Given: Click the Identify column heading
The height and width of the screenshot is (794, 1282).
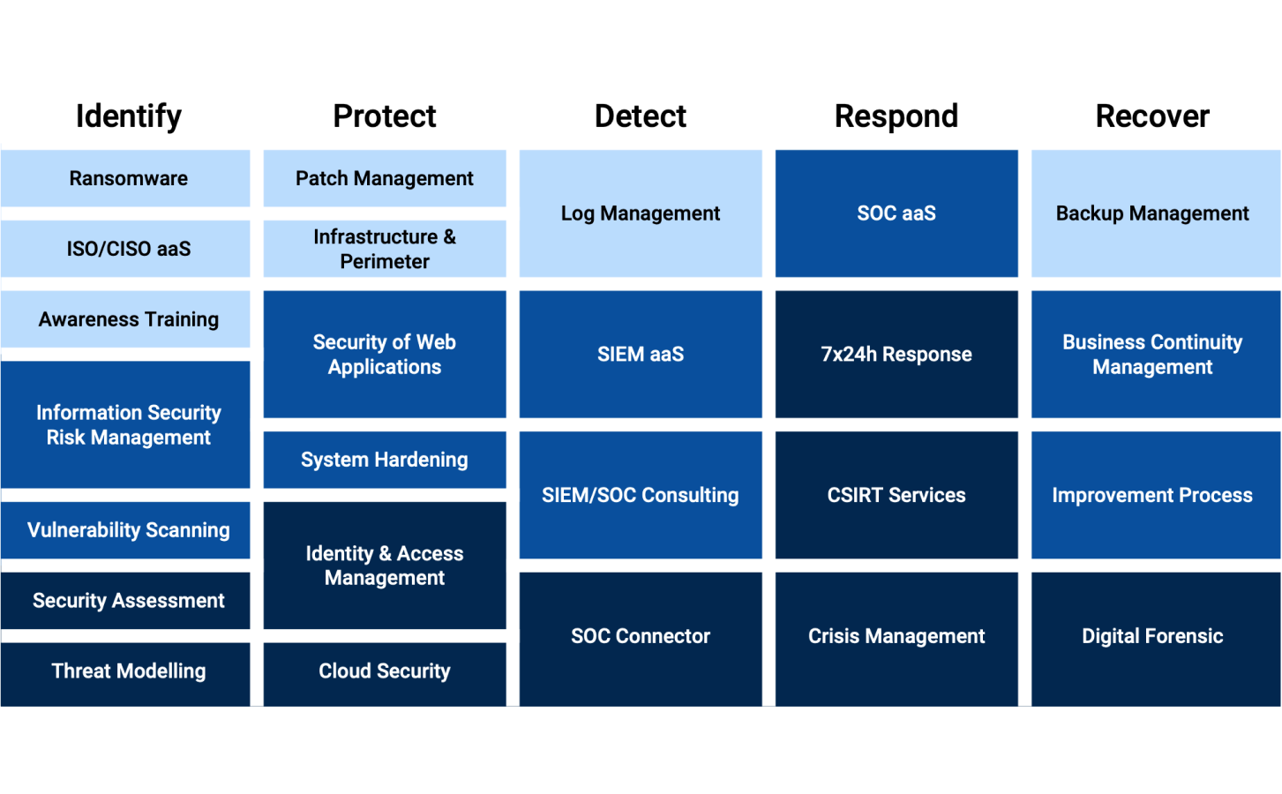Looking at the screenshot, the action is tap(129, 116).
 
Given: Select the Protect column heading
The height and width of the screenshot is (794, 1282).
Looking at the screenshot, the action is tap(385, 116).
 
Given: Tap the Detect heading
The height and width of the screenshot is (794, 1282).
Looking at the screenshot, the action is tap(641, 116).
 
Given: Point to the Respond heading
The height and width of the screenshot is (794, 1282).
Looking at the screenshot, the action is tap(896, 116).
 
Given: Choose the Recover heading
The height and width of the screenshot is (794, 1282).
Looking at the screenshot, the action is tap(1152, 116).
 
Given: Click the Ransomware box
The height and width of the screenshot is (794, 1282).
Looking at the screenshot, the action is tap(125, 178).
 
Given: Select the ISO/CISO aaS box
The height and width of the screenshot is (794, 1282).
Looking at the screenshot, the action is tap(125, 249).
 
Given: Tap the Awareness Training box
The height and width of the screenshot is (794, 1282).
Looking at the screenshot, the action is tap(125, 318).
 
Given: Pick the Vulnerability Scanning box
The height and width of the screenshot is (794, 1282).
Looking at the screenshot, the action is tap(125, 530).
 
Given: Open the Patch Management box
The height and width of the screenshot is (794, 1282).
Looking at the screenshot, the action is tap(385, 178).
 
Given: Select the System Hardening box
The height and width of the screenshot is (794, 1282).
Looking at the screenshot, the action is tap(385, 460).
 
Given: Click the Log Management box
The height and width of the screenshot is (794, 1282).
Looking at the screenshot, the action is tap(641, 213).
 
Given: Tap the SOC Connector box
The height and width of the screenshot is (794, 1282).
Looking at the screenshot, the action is tap(641, 640).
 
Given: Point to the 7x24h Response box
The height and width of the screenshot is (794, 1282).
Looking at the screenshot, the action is tap(896, 355).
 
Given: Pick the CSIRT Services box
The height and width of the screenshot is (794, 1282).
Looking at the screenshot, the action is tap(896, 495).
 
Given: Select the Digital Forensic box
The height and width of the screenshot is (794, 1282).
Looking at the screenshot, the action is tap(1156, 640).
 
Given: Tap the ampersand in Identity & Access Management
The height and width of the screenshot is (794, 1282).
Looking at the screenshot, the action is tap(386, 553).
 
